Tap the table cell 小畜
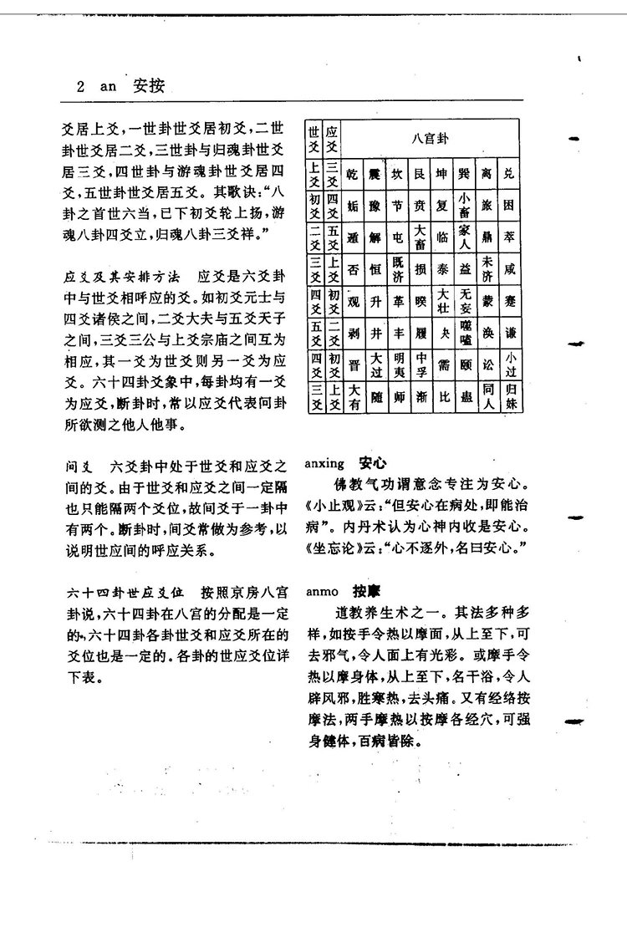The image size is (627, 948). pos(466,204)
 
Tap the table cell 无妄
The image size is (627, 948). pos(466,298)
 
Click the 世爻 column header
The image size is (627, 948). pos(315,138)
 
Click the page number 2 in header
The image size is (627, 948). pos(80,85)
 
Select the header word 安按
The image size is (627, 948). pos(149,85)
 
